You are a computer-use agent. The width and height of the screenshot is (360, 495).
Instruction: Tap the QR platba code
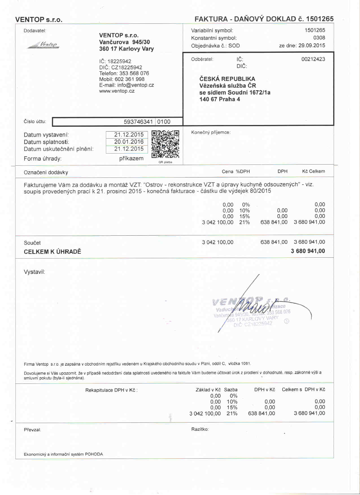click(x=165, y=144)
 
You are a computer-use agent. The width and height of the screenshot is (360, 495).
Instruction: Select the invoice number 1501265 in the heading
click(x=320, y=19)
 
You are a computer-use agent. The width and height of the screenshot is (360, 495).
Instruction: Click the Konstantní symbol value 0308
click(x=319, y=38)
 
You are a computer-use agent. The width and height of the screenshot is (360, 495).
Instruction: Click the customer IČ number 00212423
click(x=313, y=59)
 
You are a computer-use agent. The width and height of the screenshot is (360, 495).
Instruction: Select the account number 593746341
click(x=138, y=122)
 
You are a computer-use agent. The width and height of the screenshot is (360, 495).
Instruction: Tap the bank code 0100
click(x=164, y=122)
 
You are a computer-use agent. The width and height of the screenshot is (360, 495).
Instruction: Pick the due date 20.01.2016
click(x=129, y=142)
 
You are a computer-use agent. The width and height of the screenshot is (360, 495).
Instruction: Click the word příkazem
click(x=131, y=158)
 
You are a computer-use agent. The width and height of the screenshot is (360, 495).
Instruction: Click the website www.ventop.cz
click(x=117, y=91)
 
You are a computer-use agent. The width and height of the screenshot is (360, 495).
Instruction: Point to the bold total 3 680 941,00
click(x=308, y=251)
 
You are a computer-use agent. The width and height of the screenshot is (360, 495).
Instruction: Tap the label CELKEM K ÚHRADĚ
click(x=52, y=251)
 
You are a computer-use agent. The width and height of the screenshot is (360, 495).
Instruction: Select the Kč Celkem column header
click(x=313, y=171)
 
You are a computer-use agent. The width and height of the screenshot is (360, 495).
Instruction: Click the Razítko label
click(x=200, y=429)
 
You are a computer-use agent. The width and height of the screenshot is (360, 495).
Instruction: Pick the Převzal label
click(x=32, y=430)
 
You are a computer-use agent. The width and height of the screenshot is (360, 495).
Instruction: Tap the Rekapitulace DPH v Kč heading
click(x=111, y=390)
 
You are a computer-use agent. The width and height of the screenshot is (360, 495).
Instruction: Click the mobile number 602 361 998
click(x=130, y=79)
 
